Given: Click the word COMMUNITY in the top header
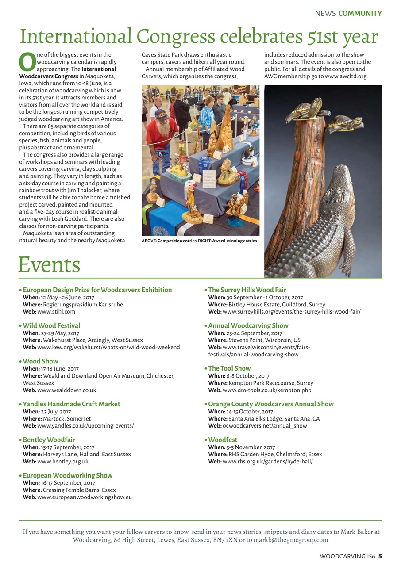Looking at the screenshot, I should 360,14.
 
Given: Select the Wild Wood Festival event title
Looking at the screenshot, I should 51,325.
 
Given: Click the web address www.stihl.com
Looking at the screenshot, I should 56,312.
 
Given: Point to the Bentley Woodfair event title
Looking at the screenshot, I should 49,440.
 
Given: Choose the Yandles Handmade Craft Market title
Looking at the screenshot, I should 71,404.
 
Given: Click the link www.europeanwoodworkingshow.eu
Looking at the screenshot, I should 85,497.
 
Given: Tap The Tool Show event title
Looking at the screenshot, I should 229,368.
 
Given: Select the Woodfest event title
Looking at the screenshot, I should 223,440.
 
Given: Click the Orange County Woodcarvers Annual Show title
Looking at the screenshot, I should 271,404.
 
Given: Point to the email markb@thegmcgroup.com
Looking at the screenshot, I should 291,540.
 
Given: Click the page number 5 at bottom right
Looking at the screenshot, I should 380,556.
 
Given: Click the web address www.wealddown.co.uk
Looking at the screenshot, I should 66,390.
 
